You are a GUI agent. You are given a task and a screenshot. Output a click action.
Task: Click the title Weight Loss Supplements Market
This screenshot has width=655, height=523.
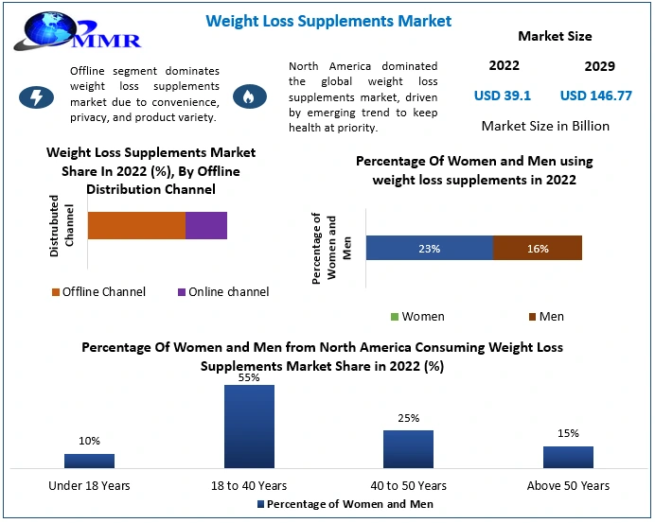(x=328, y=21)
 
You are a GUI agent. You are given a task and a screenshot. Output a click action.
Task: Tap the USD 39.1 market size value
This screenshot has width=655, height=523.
(x=502, y=96)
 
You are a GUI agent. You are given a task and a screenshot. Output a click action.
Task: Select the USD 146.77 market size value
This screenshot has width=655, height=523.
(x=595, y=96)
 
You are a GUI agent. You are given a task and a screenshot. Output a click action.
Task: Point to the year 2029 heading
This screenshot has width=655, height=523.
(x=599, y=66)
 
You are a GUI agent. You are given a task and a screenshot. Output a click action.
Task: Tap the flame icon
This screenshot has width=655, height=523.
(x=250, y=96)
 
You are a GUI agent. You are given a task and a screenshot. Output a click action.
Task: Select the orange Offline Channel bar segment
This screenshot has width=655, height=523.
(x=136, y=225)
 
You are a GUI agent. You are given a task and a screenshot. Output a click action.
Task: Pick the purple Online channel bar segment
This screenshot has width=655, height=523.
(x=206, y=225)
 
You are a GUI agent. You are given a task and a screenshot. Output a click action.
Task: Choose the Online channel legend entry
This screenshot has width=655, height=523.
(x=222, y=291)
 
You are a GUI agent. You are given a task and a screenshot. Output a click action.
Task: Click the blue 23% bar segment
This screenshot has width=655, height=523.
(x=430, y=248)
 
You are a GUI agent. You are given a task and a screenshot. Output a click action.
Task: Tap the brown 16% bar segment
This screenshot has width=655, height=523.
(x=538, y=248)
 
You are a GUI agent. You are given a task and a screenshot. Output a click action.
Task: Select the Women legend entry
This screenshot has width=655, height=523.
(x=417, y=316)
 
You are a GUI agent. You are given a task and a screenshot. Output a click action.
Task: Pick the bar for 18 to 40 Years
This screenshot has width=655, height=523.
(x=249, y=426)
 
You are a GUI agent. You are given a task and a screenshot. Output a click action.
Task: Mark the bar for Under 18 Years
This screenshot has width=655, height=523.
(x=89, y=460)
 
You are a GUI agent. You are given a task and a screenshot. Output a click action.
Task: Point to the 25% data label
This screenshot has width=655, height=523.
(x=408, y=418)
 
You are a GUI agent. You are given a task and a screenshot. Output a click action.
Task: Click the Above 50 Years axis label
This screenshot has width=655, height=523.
(x=568, y=485)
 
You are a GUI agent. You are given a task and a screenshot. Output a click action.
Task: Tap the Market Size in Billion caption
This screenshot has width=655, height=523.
(x=545, y=126)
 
